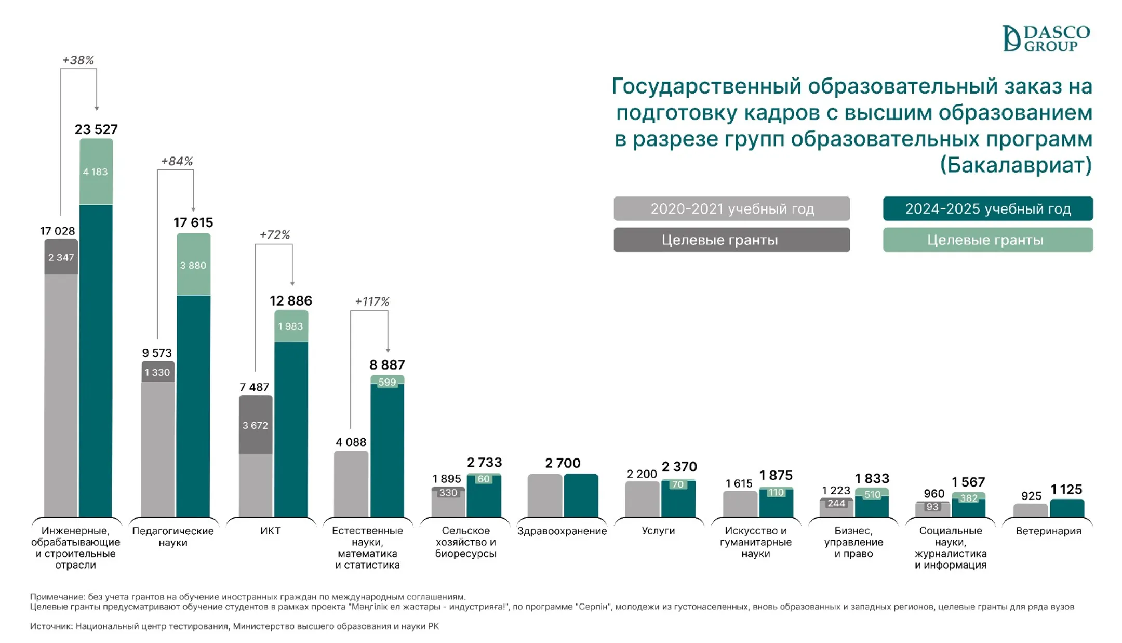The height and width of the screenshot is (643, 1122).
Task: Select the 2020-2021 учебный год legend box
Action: tap(731, 209)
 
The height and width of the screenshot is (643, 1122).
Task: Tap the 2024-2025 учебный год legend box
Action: tap(987, 209)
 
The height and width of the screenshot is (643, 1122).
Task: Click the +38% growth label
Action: tap(78, 60)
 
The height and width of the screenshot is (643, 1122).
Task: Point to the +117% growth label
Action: tap(371, 301)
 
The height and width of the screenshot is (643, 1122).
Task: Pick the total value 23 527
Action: tap(96, 129)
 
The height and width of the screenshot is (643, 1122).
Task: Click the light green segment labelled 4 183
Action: tap(96, 172)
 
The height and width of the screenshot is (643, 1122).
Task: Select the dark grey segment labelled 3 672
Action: tap(256, 425)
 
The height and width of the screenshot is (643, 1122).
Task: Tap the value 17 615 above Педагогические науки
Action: tap(193, 222)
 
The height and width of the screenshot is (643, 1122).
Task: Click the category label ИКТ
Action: tap(270, 531)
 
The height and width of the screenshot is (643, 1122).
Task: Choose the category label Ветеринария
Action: tap(1048, 531)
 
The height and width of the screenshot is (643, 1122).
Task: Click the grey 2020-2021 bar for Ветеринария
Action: tap(1030, 510)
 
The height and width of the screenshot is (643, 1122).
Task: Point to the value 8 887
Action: tap(387, 365)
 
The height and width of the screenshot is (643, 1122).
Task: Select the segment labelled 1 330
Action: tap(157, 372)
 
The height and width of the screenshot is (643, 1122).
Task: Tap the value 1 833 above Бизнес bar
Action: tap(872, 478)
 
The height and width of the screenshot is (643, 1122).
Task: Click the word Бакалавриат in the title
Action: tap(1015, 165)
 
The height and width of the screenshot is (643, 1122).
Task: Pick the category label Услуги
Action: tap(658, 531)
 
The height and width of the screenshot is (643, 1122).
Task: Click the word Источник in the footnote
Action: tap(51, 626)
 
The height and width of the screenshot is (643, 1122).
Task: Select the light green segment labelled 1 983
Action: tap(290, 326)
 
